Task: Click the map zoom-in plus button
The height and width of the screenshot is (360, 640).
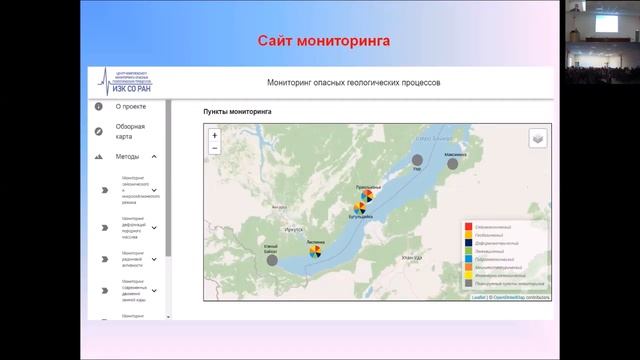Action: [214, 135]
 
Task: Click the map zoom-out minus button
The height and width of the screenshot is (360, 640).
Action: [214, 148]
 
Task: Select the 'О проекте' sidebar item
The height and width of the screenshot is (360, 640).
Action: [131, 106]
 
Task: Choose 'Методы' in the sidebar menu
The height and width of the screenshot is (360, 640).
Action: [127, 157]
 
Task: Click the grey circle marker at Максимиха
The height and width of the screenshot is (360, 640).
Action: [452, 164]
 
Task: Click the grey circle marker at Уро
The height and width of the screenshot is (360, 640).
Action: [419, 160]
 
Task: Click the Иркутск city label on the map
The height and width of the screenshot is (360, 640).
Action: [292, 229]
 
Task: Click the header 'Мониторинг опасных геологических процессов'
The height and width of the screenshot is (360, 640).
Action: [354, 83]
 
